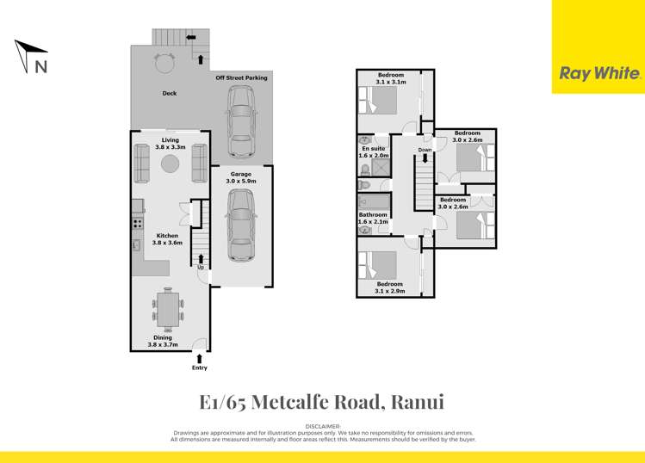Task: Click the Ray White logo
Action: pos(598,74)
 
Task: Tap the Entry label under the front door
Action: pos(200,368)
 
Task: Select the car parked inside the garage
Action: pos(240,225)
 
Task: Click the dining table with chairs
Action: pos(168,309)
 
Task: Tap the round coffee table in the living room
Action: pos(171,164)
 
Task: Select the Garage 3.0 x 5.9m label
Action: pos(240,178)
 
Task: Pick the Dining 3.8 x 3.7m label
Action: pos(163,341)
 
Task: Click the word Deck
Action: pos(170,94)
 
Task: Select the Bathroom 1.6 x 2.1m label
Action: pos(374,219)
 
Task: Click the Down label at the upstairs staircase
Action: pos(425,151)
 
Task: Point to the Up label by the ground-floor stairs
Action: pos(201,267)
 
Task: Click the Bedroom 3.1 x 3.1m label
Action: pos(390,78)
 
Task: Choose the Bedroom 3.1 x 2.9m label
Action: pos(389,287)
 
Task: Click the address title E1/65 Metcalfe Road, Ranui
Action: pos(322,402)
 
